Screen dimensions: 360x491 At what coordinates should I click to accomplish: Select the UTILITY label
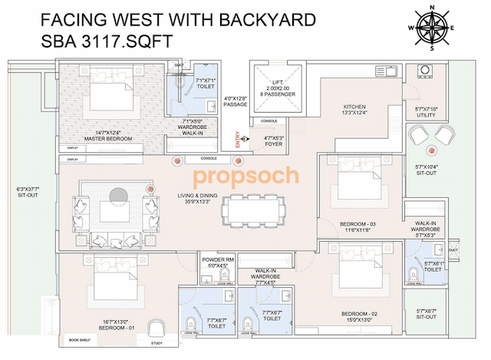(x=427, y=114)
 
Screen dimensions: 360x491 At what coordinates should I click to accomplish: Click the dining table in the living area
(x=254, y=207)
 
